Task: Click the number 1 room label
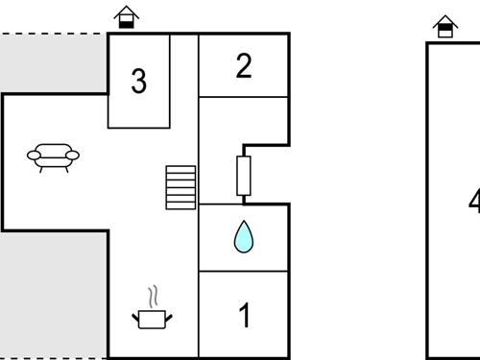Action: tap(244, 315)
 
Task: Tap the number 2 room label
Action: tap(244, 65)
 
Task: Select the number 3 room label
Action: tap(139, 82)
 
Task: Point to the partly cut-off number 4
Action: tap(473, 202)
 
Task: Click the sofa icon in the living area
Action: tap(53, 156)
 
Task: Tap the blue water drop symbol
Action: tap(244, 237)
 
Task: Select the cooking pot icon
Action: tap(152, 318)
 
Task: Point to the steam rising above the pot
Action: tap(152, 295)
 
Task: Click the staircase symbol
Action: tap(180, 187)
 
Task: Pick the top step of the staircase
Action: tap(180, 169)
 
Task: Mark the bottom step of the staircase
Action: tap(180, 205)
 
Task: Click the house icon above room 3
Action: tap(125, 17)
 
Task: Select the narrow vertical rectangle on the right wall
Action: tap(243, 176)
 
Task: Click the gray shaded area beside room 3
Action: tap(53, 63)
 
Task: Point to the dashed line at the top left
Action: tap(53, 35)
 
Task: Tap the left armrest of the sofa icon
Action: tap(32, 154)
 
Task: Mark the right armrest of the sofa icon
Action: tap(74, 154)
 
